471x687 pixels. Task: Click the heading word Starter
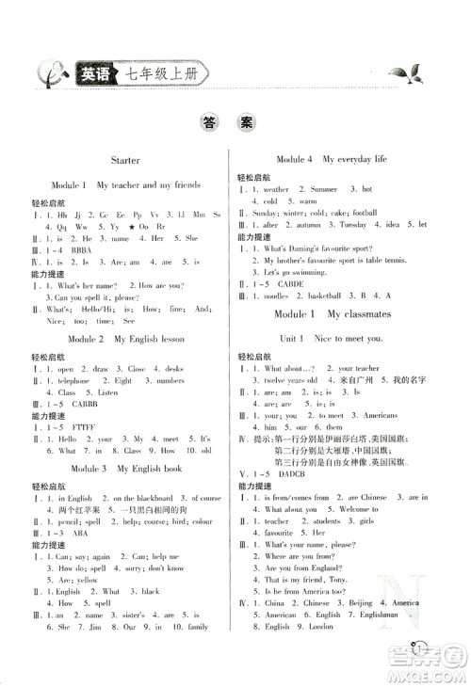[x=124, y=161]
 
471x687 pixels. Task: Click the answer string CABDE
[x=288, y=284]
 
